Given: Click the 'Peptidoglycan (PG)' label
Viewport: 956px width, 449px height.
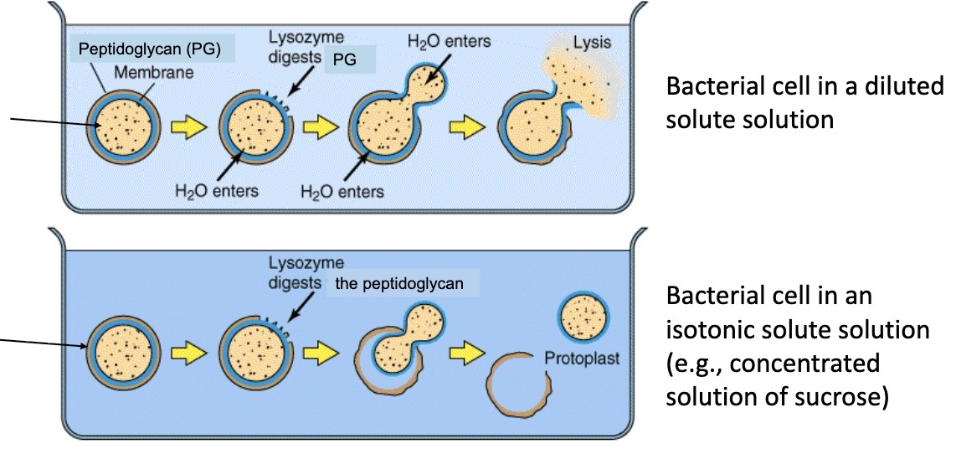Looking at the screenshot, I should coord(149,49).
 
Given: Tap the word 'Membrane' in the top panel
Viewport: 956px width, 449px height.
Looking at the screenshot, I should coord(154,73).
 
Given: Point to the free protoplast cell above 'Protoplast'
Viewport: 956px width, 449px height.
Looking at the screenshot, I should coord(582,317).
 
